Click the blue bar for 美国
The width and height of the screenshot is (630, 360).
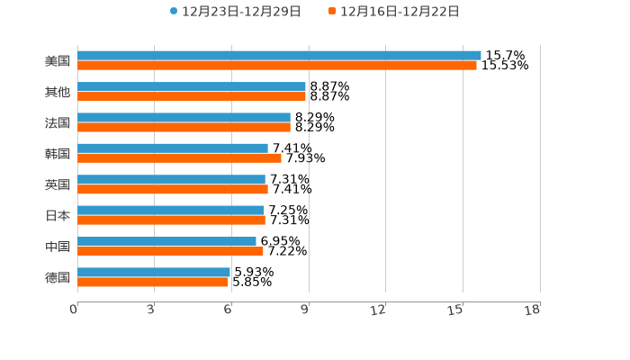[279, 55]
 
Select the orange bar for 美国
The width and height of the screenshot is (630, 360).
[277, 65]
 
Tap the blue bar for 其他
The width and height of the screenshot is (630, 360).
[192, 86]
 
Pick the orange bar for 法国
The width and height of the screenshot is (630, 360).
[184, 127]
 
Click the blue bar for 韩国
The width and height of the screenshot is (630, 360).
[173, 148]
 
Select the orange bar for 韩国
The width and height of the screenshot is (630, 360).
[179, 158]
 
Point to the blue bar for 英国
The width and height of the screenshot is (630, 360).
[171, 179]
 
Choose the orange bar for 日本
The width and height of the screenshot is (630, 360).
[171, 220]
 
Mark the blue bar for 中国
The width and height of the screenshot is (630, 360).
[166, 241]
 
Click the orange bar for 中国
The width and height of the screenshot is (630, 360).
[170, 251]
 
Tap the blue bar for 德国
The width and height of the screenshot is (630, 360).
[154, 272]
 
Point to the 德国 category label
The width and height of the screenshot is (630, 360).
[58, 277]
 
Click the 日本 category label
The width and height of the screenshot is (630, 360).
[58, 215]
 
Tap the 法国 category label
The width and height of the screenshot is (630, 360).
[58, 122]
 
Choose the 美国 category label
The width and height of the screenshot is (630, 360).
[58, 60]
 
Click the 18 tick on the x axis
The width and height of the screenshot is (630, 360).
[533, 310]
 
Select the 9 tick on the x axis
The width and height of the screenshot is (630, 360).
[305, 310]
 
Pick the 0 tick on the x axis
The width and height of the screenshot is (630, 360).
[74, 310]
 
